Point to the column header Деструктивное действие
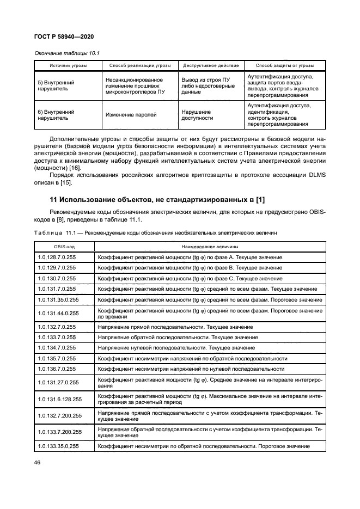pyautogui.click(x=210, y=65)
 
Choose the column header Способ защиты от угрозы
pyautogui.click(x=284, y=65)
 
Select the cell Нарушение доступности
pyautogui.click(x=197, y=115)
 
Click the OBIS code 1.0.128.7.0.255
pyautogui.click(x=57, y=257)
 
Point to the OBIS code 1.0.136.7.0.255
pyautogui.click(x=57, y=369)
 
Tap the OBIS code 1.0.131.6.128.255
pyautogui.click(x=60, y=399)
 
